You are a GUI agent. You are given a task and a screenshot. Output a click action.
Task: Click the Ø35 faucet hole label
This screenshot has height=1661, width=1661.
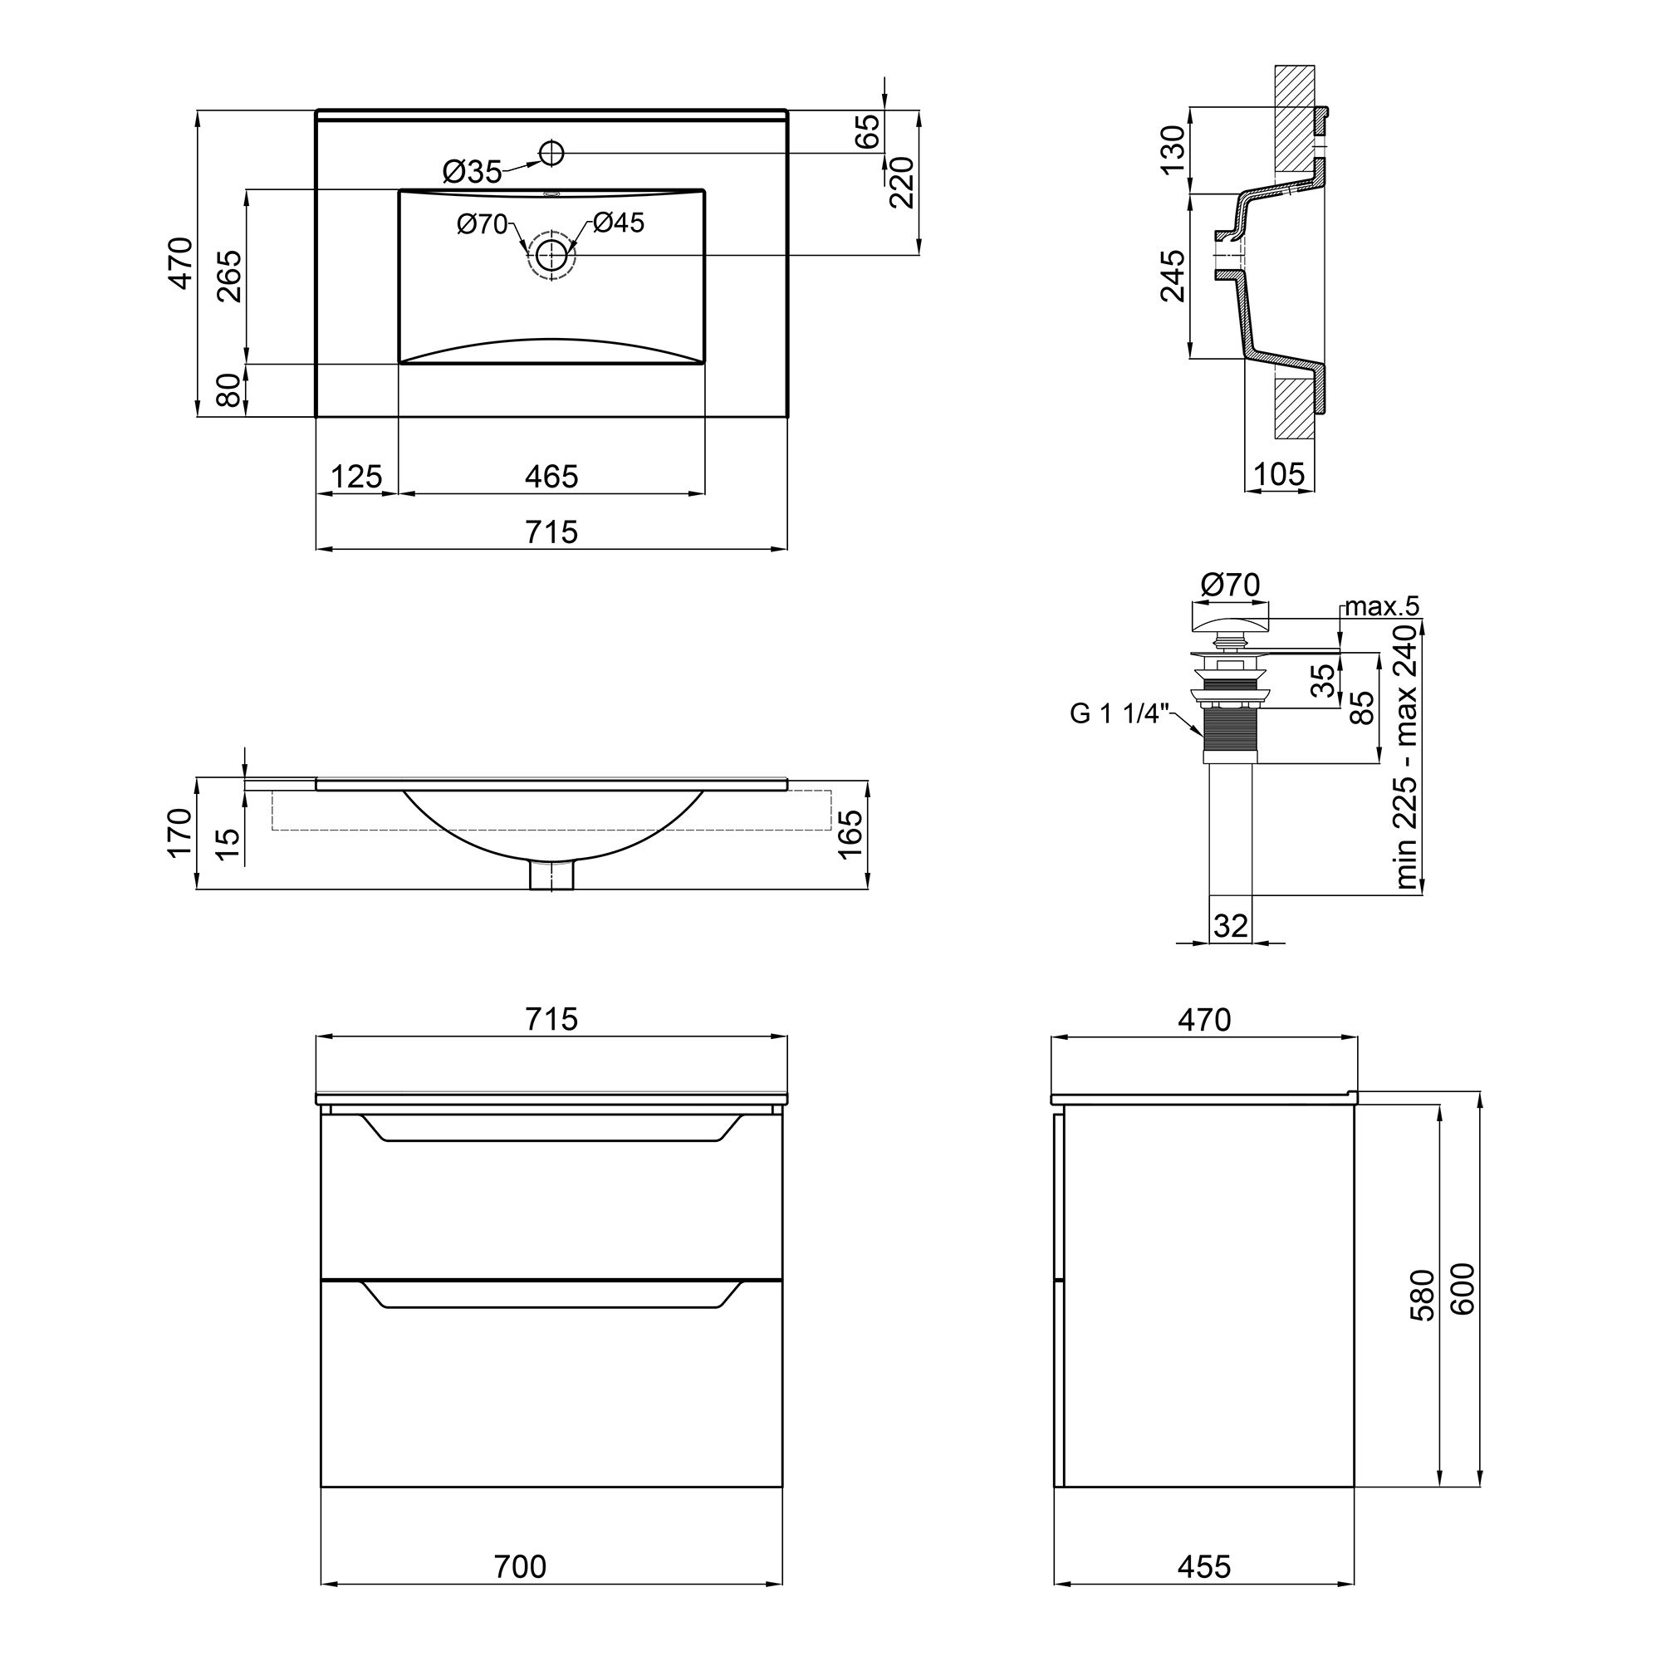click(x=472, y=172)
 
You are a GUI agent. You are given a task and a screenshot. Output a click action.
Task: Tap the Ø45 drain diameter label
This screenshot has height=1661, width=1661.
click(x=618, y=223)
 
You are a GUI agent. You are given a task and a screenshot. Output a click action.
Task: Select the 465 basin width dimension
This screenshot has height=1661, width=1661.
click(x=551, y=476)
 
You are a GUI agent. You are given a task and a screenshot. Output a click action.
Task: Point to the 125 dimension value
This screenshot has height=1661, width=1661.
click(x=356, y=476)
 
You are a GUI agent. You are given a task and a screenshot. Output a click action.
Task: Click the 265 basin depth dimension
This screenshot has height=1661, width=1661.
click(x=228, y=276)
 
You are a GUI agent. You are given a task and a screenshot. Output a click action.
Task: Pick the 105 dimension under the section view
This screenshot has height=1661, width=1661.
click(x=1278, y=473)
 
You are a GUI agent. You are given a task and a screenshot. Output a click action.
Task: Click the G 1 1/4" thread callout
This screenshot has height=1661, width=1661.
click(x=1120, y=713)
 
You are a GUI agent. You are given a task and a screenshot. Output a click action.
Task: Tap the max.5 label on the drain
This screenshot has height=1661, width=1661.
click(x=1382, y=606)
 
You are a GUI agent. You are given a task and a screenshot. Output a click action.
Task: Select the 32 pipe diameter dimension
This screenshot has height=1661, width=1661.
click(x=1230, y=925)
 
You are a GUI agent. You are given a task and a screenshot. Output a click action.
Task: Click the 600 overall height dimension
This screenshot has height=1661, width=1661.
click(x=1463, y=1289)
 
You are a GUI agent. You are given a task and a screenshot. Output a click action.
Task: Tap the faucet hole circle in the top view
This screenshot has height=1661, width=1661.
click(x=551, y=154)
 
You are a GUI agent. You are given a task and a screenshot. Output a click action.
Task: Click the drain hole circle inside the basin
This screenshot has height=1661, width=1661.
click(x=551, y=254)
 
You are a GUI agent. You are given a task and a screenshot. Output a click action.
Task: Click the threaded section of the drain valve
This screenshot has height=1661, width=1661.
click(x=1230, y=730)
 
